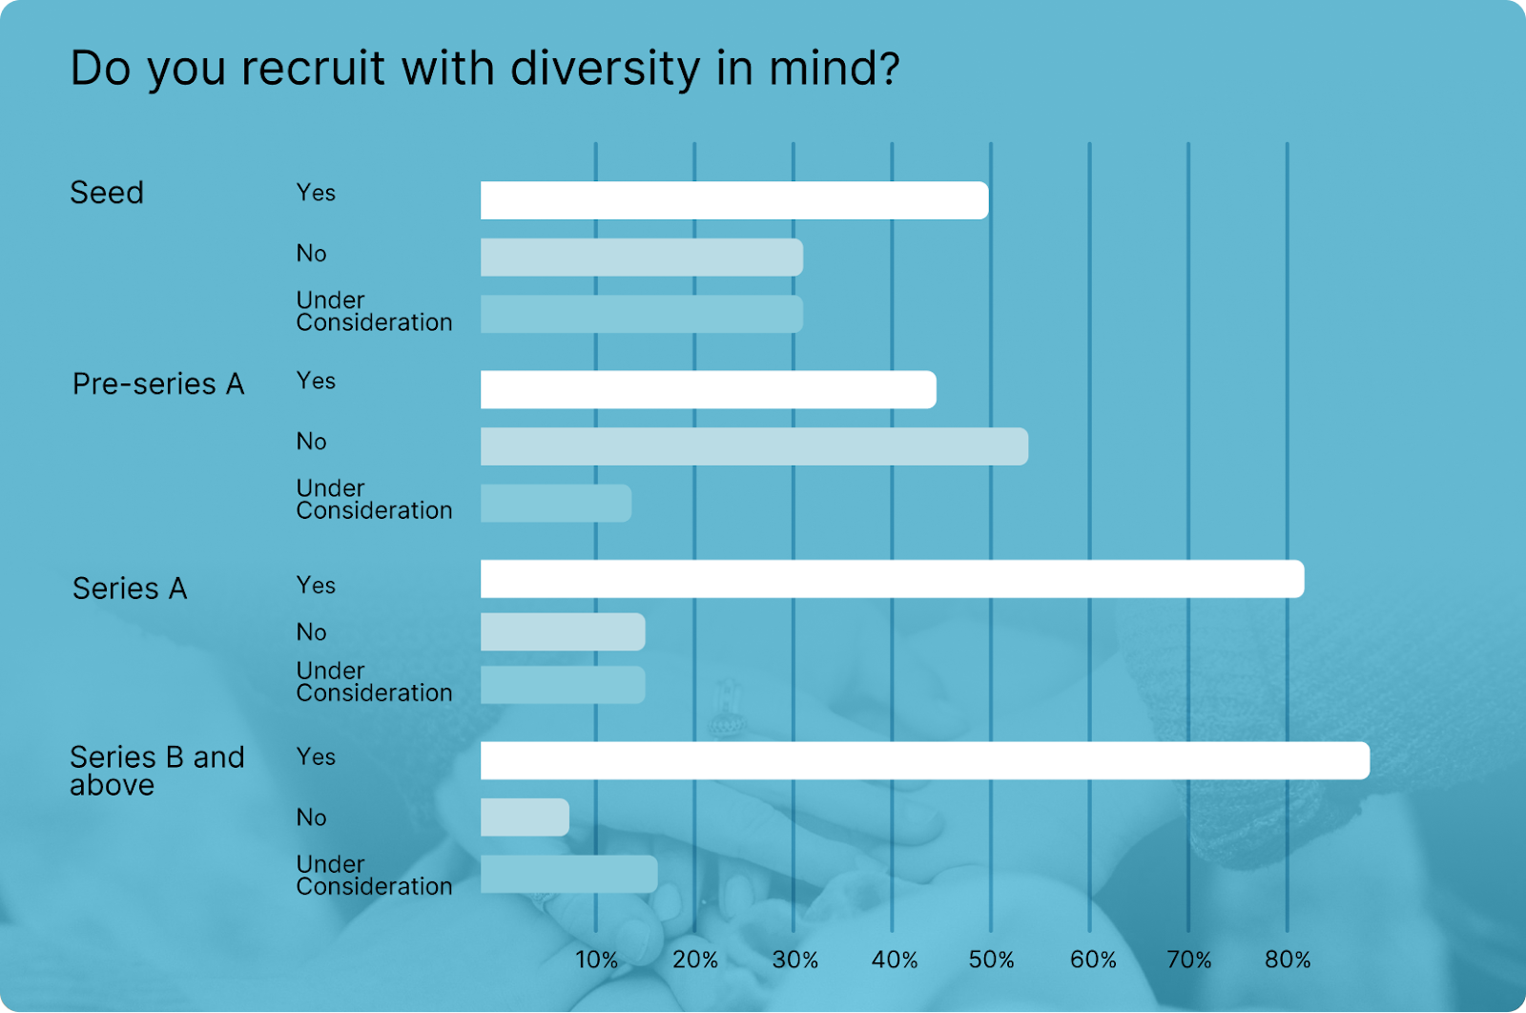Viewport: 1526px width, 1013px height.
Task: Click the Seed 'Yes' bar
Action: pos(734,200)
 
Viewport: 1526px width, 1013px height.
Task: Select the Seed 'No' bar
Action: pos(641,258)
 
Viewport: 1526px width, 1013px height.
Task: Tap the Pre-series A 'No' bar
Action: pos(753,446)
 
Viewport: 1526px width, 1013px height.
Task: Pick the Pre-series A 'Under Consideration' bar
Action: pos(555,504)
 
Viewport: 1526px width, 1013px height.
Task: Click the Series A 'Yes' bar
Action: pos(892,579)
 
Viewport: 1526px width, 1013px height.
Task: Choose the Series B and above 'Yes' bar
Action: pos(924,760)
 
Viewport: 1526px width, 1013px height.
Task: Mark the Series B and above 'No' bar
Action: pos(525,817)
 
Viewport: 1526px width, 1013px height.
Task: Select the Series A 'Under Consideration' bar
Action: pos(563,685)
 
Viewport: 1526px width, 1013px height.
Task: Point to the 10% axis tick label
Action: pos(597,960)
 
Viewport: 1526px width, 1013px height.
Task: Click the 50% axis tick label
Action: pos(991,960)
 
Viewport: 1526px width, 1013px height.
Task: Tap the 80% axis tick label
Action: pos(1288,960)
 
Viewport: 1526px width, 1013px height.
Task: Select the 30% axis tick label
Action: pos(794,960)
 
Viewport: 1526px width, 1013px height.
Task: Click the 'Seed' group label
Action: pos(107,193)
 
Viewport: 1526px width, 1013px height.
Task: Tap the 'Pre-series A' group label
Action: pos(158,383)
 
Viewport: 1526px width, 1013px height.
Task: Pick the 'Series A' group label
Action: pos(130,589)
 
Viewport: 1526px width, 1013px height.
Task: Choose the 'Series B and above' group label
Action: pos(157,771)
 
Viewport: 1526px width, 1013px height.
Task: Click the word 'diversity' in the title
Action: pos(605,69)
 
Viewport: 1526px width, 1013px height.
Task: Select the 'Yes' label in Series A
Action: pos(316,585)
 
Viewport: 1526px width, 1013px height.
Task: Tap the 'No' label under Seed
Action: pos(311,253)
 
